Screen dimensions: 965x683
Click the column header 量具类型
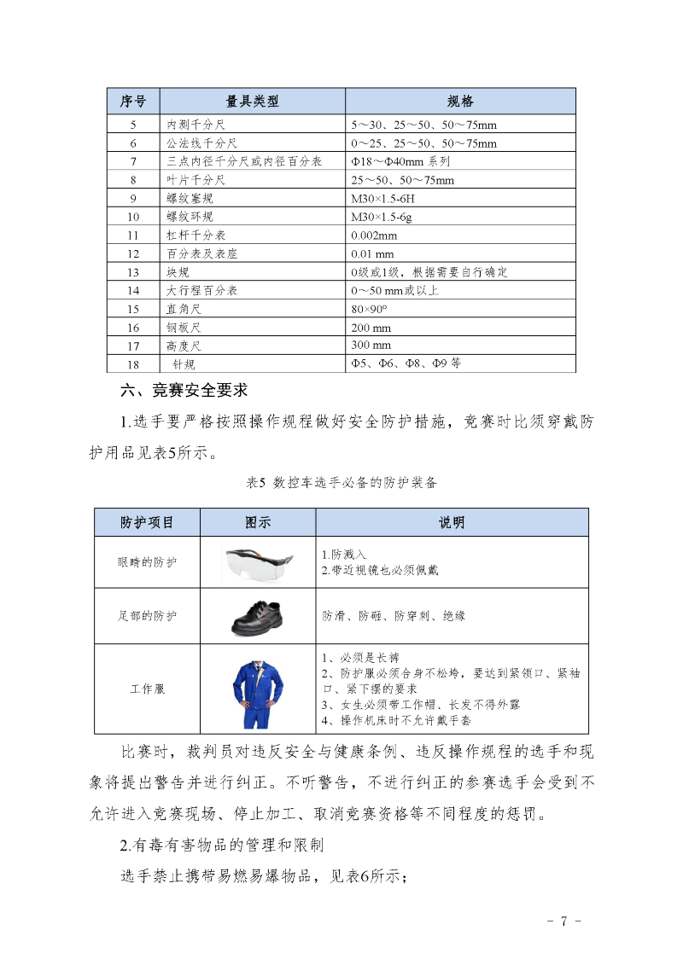point(252,102)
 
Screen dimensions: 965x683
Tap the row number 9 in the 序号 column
point(133,198)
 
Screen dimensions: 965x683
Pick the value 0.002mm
point(374,235)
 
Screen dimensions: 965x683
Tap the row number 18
point(133,364)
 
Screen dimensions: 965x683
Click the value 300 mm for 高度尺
point(371,346)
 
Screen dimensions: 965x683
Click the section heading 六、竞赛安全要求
point(184,391)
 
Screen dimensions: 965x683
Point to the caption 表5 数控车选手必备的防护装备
point(341,483)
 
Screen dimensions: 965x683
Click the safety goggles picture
point(258,561)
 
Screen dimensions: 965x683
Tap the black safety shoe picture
point(258,614)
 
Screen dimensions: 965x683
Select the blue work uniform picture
point(258,689)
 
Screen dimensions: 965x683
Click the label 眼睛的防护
point(147,562)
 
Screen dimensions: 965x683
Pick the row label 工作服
point(147,689)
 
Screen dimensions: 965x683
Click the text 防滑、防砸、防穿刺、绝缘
point(394,615)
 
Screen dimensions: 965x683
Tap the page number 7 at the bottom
point(563,921)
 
